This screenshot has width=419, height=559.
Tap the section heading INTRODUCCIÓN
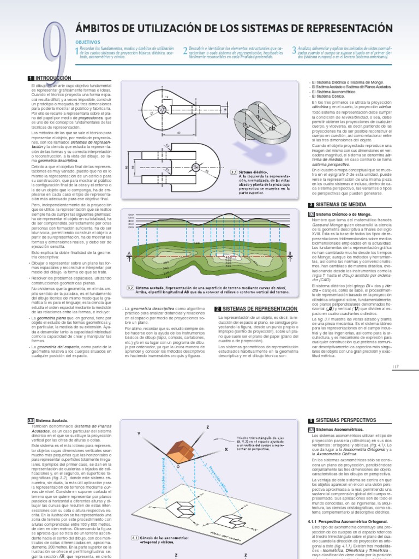(x=53, y=79)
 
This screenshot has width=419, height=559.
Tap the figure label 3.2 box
(x=130, y=287)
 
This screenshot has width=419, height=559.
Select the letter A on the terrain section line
(x=129, y=253)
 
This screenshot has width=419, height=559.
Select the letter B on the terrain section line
(x=290, y=253)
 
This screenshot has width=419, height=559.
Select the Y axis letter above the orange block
(x=139, y=433)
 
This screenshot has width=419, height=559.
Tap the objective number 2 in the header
(x=185, y=51)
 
